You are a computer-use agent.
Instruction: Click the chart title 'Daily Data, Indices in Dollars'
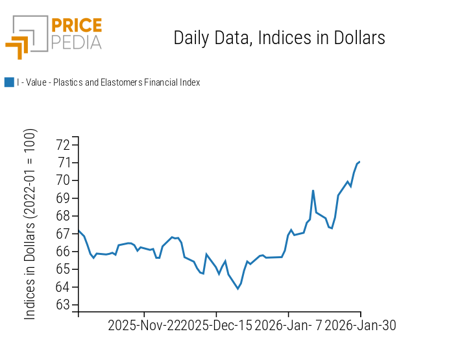click(x=279, y=38)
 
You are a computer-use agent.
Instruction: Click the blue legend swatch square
click(x=9, y=82)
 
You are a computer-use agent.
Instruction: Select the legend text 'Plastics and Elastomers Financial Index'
click(x=127, y=82)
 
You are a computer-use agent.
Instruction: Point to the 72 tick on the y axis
click(x=64, y=145)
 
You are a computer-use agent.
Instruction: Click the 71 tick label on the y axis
click(x=64, y=162)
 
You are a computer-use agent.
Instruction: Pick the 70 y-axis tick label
click(x=64, y=180)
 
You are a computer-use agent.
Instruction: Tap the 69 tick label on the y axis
click(x=64, y=198)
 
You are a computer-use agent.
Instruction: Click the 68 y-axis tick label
click(x=64, y=216)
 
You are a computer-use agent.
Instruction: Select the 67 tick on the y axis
click(x=64, y=234)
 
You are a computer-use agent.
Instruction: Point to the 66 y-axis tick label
click(x=64, y=252)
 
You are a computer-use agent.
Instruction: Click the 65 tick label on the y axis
click(x=64, y=269)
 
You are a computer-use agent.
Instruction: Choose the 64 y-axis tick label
click(x=64, y=287)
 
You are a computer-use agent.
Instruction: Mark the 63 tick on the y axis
click(x=64, y=305)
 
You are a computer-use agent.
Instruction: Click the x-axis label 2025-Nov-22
click(x=144, y=326)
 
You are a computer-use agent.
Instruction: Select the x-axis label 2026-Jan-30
click(x=360, y=326)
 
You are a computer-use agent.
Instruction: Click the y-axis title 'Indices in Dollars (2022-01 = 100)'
click(x=30, y=224)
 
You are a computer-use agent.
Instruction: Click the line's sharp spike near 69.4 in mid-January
click(x=313, y=191)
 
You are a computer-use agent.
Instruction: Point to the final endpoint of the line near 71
click(x=359, y=162)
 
